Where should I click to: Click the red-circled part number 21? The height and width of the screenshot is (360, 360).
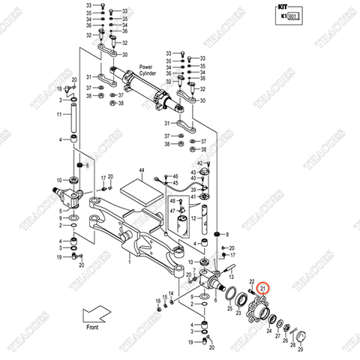tap(263, 287)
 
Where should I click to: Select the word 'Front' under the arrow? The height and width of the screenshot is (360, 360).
tap(91, 328)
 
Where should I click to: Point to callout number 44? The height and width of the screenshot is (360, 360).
tap(139, 172)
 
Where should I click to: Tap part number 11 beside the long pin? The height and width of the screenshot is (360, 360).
tap(59, 114)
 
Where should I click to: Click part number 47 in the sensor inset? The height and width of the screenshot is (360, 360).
tap(172, 212)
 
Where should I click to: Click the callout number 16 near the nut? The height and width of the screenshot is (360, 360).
tap(158, 301)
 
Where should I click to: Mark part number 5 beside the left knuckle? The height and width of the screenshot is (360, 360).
tap(60, 211)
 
